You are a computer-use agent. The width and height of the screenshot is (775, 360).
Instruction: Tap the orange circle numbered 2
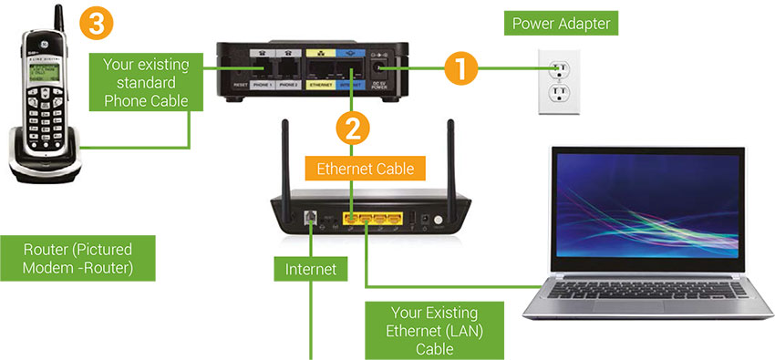click(x=353, y=126)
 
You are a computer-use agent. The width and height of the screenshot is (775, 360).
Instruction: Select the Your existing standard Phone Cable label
click(x=143, y=83)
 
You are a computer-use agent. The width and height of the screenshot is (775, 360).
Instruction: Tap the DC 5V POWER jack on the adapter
click(x=383, y=69)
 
